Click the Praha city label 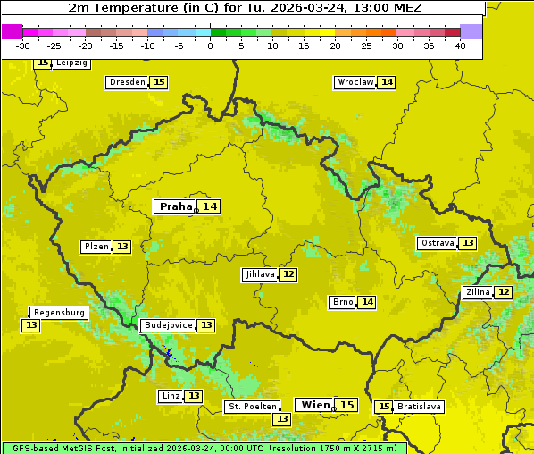pyautogui.click(x=175, y=206)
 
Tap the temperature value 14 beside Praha pyautogui.click(x=210, y=206)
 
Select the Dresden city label pyautogui.click(x=127, y=82)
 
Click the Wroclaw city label pyautogui.click(x=355, y=82)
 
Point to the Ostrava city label pyautogui.click(x=438, y=243)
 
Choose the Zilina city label pyautogui.click(x=478, y=292)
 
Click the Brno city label pyautogui.click(x=342, y=302)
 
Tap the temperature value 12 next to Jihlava pyautogui.click(x=288, y=274)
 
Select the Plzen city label pyautogui.click(x=96, y=247)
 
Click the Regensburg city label pyautogui.click(x=59, y=313)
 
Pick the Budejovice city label pyautogui.click(x=167, y=325)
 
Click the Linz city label pyautogui.click(x=171, y=396)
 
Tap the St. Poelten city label pyautogui.click(x=253, y=407)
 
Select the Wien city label pyautogui.click(x=315, y=405)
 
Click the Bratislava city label pyautogui.click(x=419, y=407)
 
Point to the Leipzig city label pyautogui.click(x=71, y=63)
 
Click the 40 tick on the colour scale pyautogui.click(x=460, y=46)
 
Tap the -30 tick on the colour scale pyautogui.click(x=23, y=46)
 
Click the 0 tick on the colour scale pyautogui.click(x=211, y=46)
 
